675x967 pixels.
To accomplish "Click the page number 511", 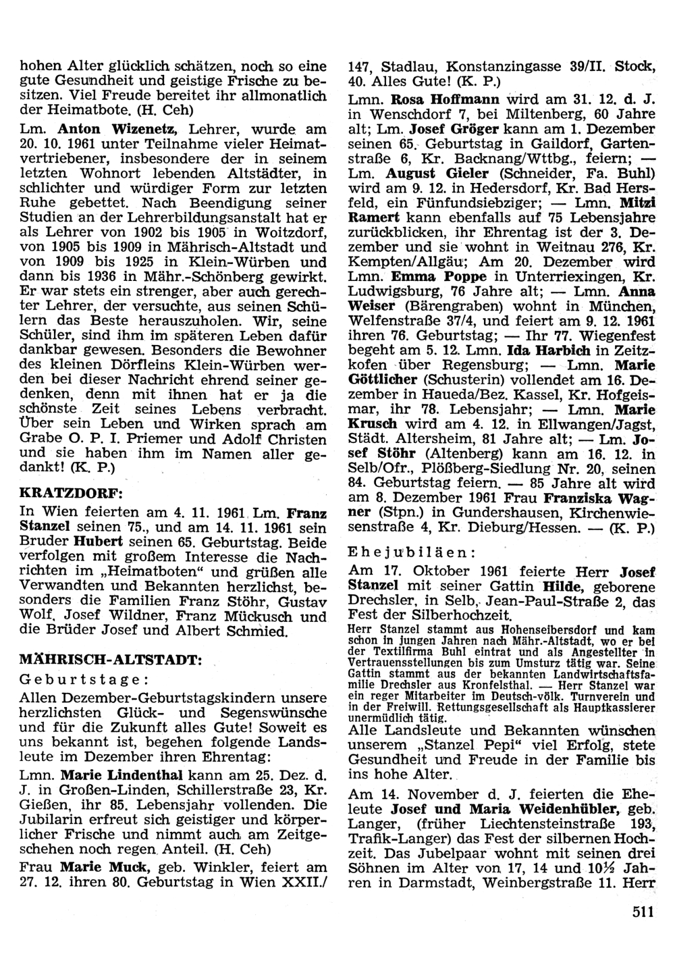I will (644, 912).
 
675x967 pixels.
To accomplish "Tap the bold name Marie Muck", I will (107, 867).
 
